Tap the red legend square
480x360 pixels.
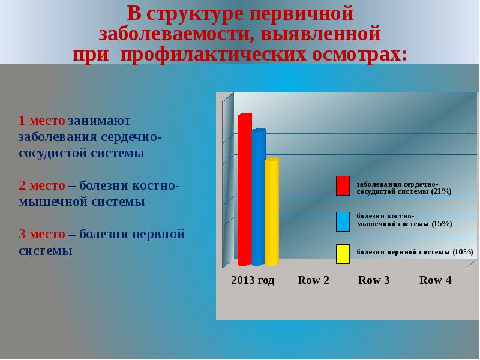coord(343,186)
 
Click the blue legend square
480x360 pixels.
coord(343,221)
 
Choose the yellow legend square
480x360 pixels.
coord(343,254)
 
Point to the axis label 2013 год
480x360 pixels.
coord(253,280)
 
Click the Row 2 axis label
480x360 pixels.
coord(313,280)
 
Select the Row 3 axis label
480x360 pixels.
coord(374,280)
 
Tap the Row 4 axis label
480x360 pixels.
coord(435,280)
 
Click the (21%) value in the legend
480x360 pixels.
coord(441,191)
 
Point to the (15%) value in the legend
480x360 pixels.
coord(441,224)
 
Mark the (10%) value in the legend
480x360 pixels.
coord(463,251)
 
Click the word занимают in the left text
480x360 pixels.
coord(103,120)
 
